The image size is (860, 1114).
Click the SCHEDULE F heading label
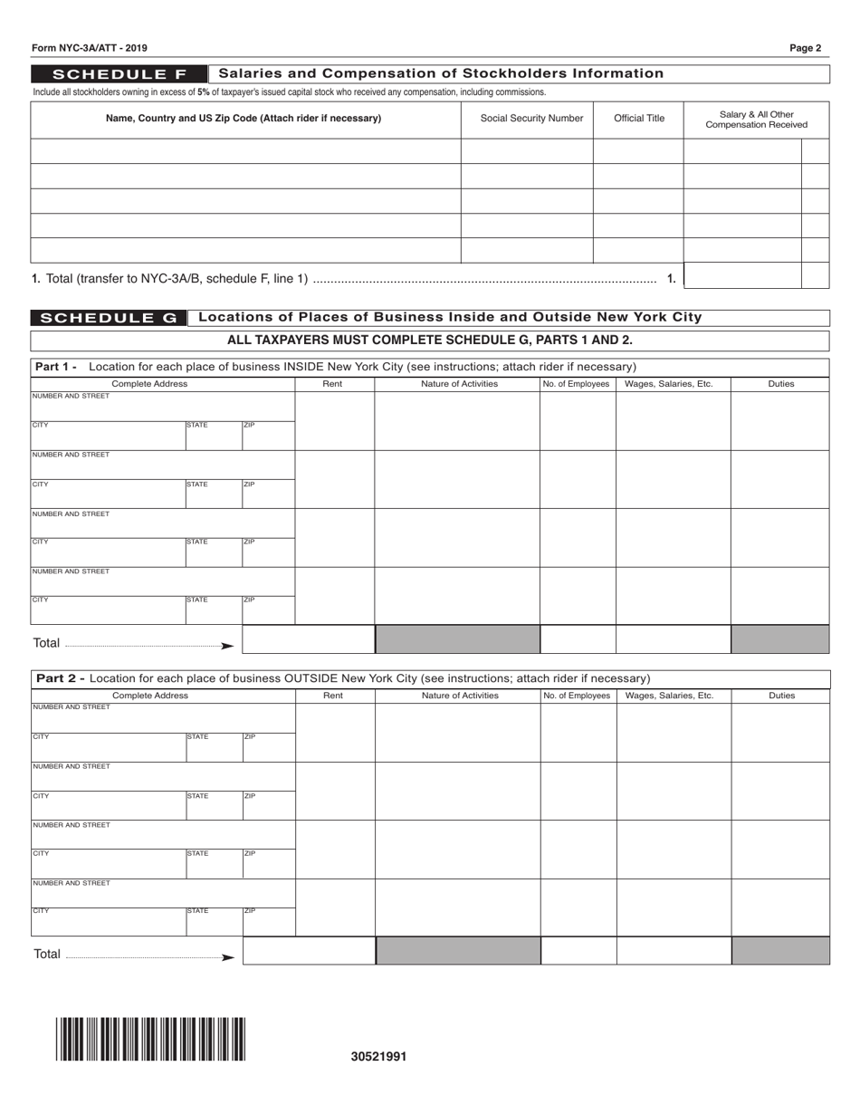click(119, 73)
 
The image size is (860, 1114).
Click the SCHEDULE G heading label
click(109, 318)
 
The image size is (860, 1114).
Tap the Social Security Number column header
click(531, 119)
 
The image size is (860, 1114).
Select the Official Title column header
click(639, 119)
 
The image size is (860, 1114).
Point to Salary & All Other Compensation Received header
click(756, 119)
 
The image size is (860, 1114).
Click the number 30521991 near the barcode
click(378, 1056)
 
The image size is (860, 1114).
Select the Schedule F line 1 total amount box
click(742, 275)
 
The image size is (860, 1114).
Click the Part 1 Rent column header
click(333, 384)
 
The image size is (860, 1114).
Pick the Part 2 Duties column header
click(780, 696)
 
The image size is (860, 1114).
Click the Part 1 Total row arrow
click(226, 646)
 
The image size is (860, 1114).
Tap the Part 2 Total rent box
click(309, 951)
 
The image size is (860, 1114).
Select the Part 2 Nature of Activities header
click(460, 696)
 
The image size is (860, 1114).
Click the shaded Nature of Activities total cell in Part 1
click(457, 639)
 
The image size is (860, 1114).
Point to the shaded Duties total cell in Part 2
click(780, 951)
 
